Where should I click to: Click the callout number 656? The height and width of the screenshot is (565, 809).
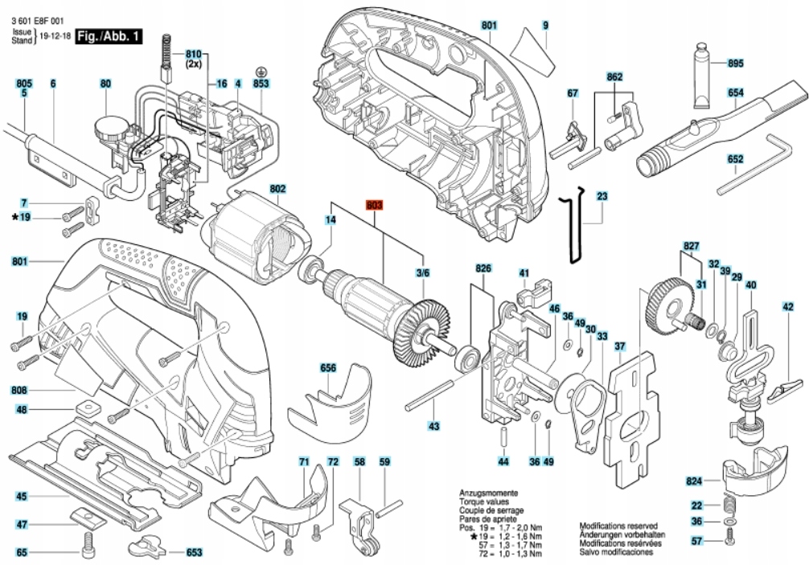coord(328,368)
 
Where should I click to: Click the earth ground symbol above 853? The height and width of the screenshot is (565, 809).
coord(261,72)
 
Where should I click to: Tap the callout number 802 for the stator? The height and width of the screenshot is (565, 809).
coord(278,190)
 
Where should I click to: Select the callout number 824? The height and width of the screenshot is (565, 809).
coord(694,481)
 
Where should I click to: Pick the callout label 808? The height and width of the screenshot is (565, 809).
coord(21,391)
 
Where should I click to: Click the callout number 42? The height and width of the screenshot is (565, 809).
coord(788,306)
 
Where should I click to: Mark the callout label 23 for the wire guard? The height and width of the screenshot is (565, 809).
coord(602,196)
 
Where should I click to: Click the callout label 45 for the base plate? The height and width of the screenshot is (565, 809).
coord(21,496)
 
